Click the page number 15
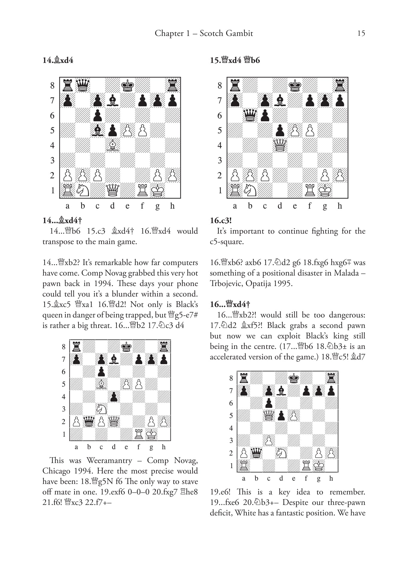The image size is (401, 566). point(361,33)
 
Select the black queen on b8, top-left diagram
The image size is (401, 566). point(83,85)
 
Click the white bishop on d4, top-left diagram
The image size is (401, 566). point(113,145)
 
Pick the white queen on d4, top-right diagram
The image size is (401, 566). point(280,145)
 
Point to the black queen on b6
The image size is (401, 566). point(250,115)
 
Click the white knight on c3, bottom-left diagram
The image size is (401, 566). point(101,409)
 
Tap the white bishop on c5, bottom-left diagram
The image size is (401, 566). point(101,384)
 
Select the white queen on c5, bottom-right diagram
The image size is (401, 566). point(269,416)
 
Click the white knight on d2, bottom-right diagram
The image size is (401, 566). point(281,453)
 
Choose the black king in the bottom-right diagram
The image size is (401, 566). point(294,378)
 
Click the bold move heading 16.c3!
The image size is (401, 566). point(221,221)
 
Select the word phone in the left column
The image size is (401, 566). point(187,283)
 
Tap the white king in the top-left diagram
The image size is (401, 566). point(158,190)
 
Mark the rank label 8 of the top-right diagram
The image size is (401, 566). point(220,86)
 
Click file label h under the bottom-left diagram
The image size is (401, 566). point(164,447)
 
